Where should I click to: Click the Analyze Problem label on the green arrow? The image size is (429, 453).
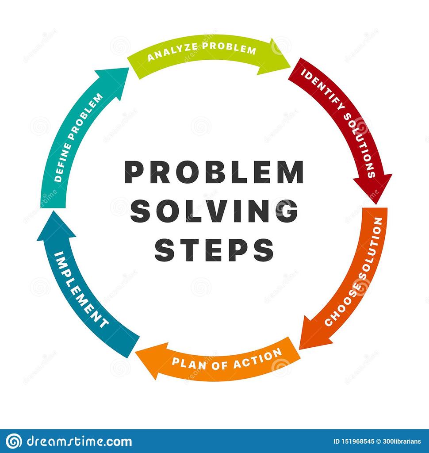(x=202, y=53)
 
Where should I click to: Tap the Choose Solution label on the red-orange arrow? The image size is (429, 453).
(x=354, y=272)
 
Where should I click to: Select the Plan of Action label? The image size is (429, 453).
(x=227, y=358)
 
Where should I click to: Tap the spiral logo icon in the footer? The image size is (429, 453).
(x=13, y=441)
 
